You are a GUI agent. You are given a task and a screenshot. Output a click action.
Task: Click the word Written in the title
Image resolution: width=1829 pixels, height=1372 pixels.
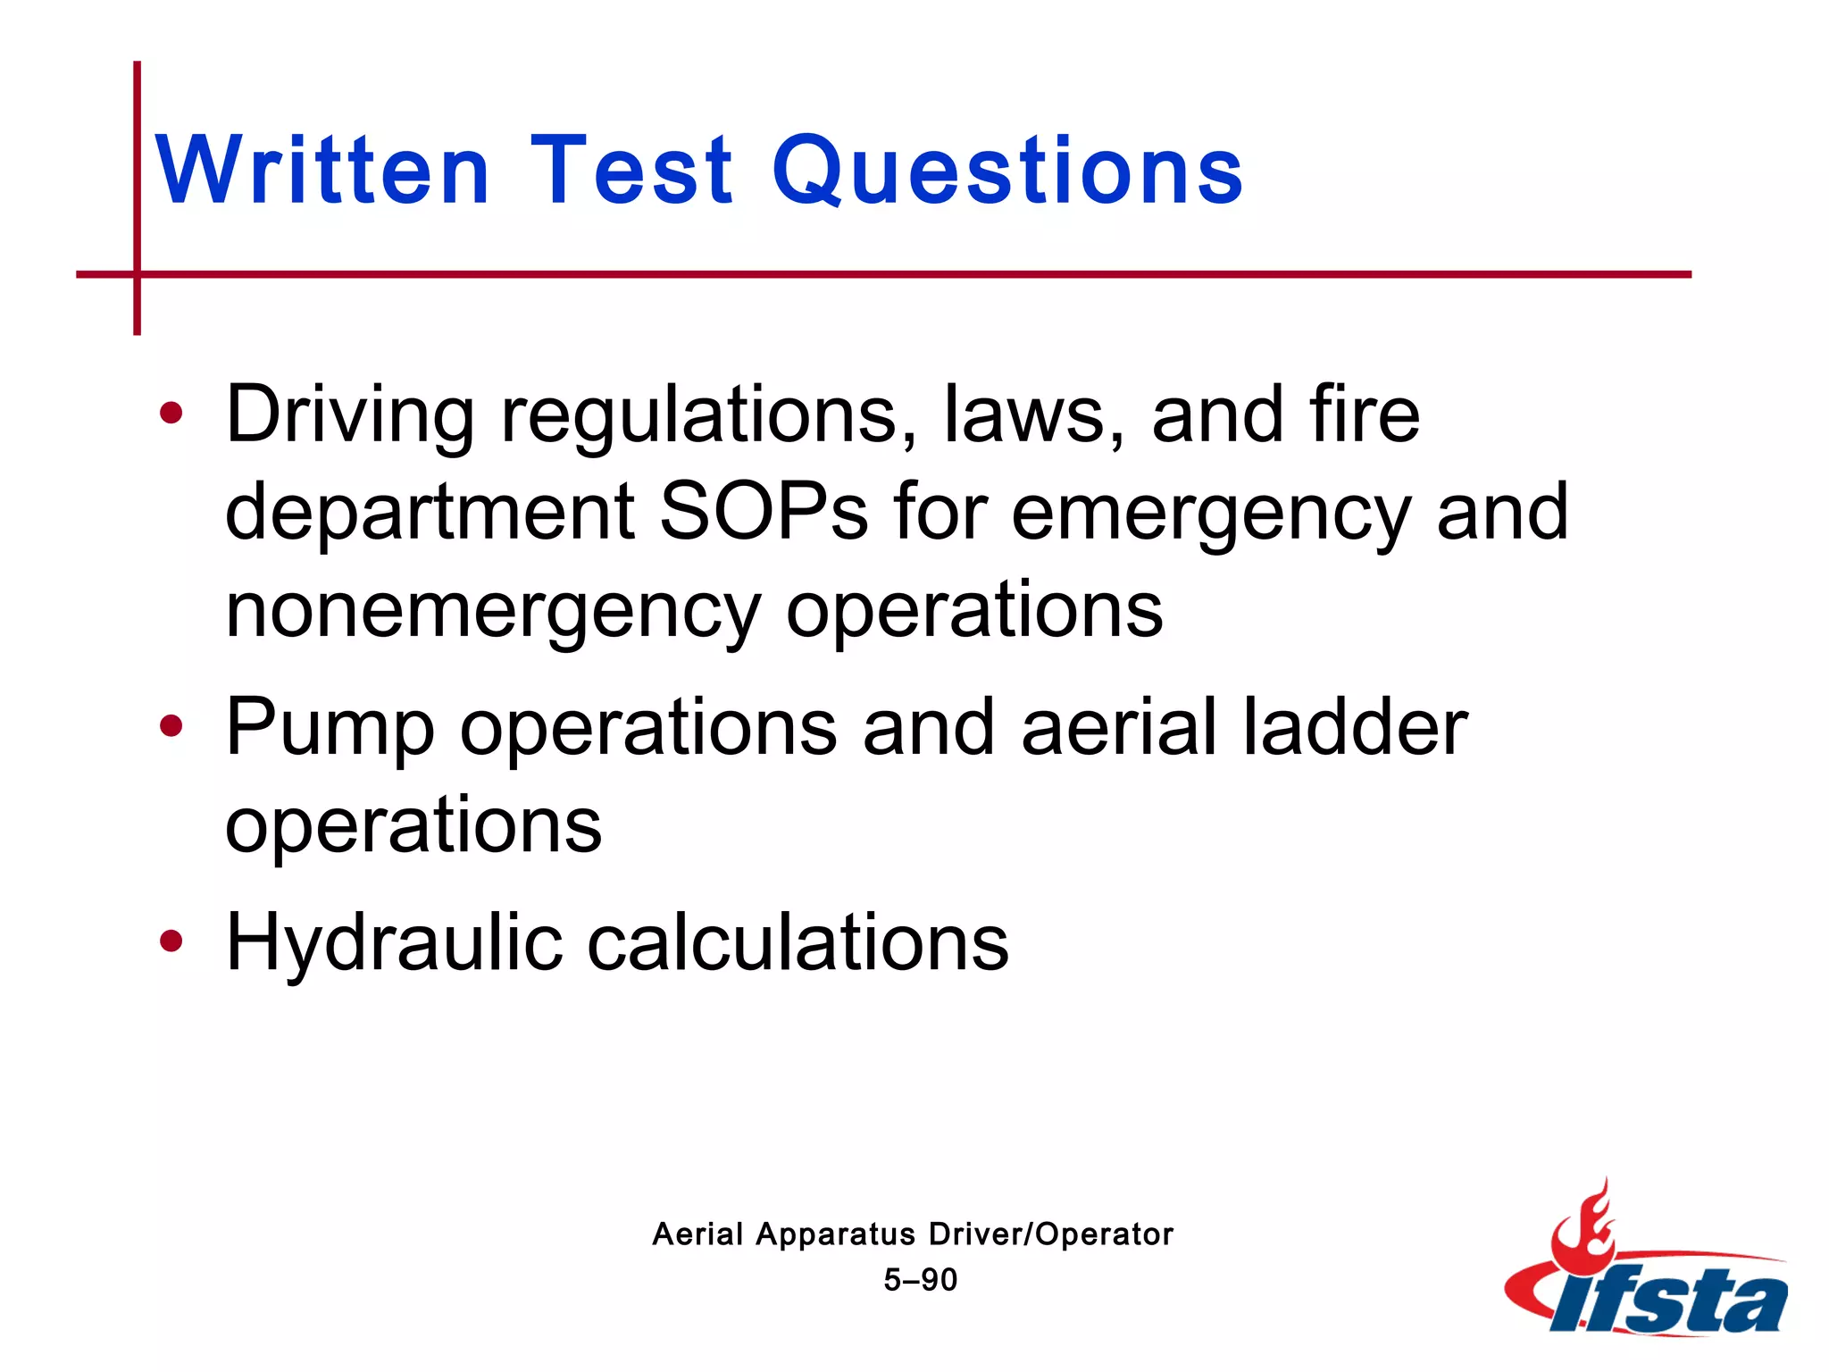tap(322, 170)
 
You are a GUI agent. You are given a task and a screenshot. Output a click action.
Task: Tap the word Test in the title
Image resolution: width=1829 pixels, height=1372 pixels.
tap(631, 170)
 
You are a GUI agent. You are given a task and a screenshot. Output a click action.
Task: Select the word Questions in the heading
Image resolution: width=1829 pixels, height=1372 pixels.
tap(1007, 170)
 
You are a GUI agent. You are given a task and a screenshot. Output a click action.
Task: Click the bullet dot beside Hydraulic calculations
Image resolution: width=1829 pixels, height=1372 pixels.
tap(171, 940)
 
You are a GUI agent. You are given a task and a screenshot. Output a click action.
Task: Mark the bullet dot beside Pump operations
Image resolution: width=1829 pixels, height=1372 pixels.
tap(171, 725)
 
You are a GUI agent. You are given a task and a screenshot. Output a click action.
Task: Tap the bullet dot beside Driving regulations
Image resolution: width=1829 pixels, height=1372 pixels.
tap(171, 413)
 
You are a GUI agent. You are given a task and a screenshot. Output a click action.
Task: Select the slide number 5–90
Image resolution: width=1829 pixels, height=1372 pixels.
tap(920, 1280)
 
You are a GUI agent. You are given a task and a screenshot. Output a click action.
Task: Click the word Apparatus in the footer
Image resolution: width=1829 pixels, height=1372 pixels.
tap(835, 1234)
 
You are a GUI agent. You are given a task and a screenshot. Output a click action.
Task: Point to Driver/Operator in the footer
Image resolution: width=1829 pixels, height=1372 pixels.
tap(1050, 1234)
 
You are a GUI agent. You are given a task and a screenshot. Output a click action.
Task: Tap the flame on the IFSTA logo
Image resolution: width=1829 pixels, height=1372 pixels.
tap(1583, 1224)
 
